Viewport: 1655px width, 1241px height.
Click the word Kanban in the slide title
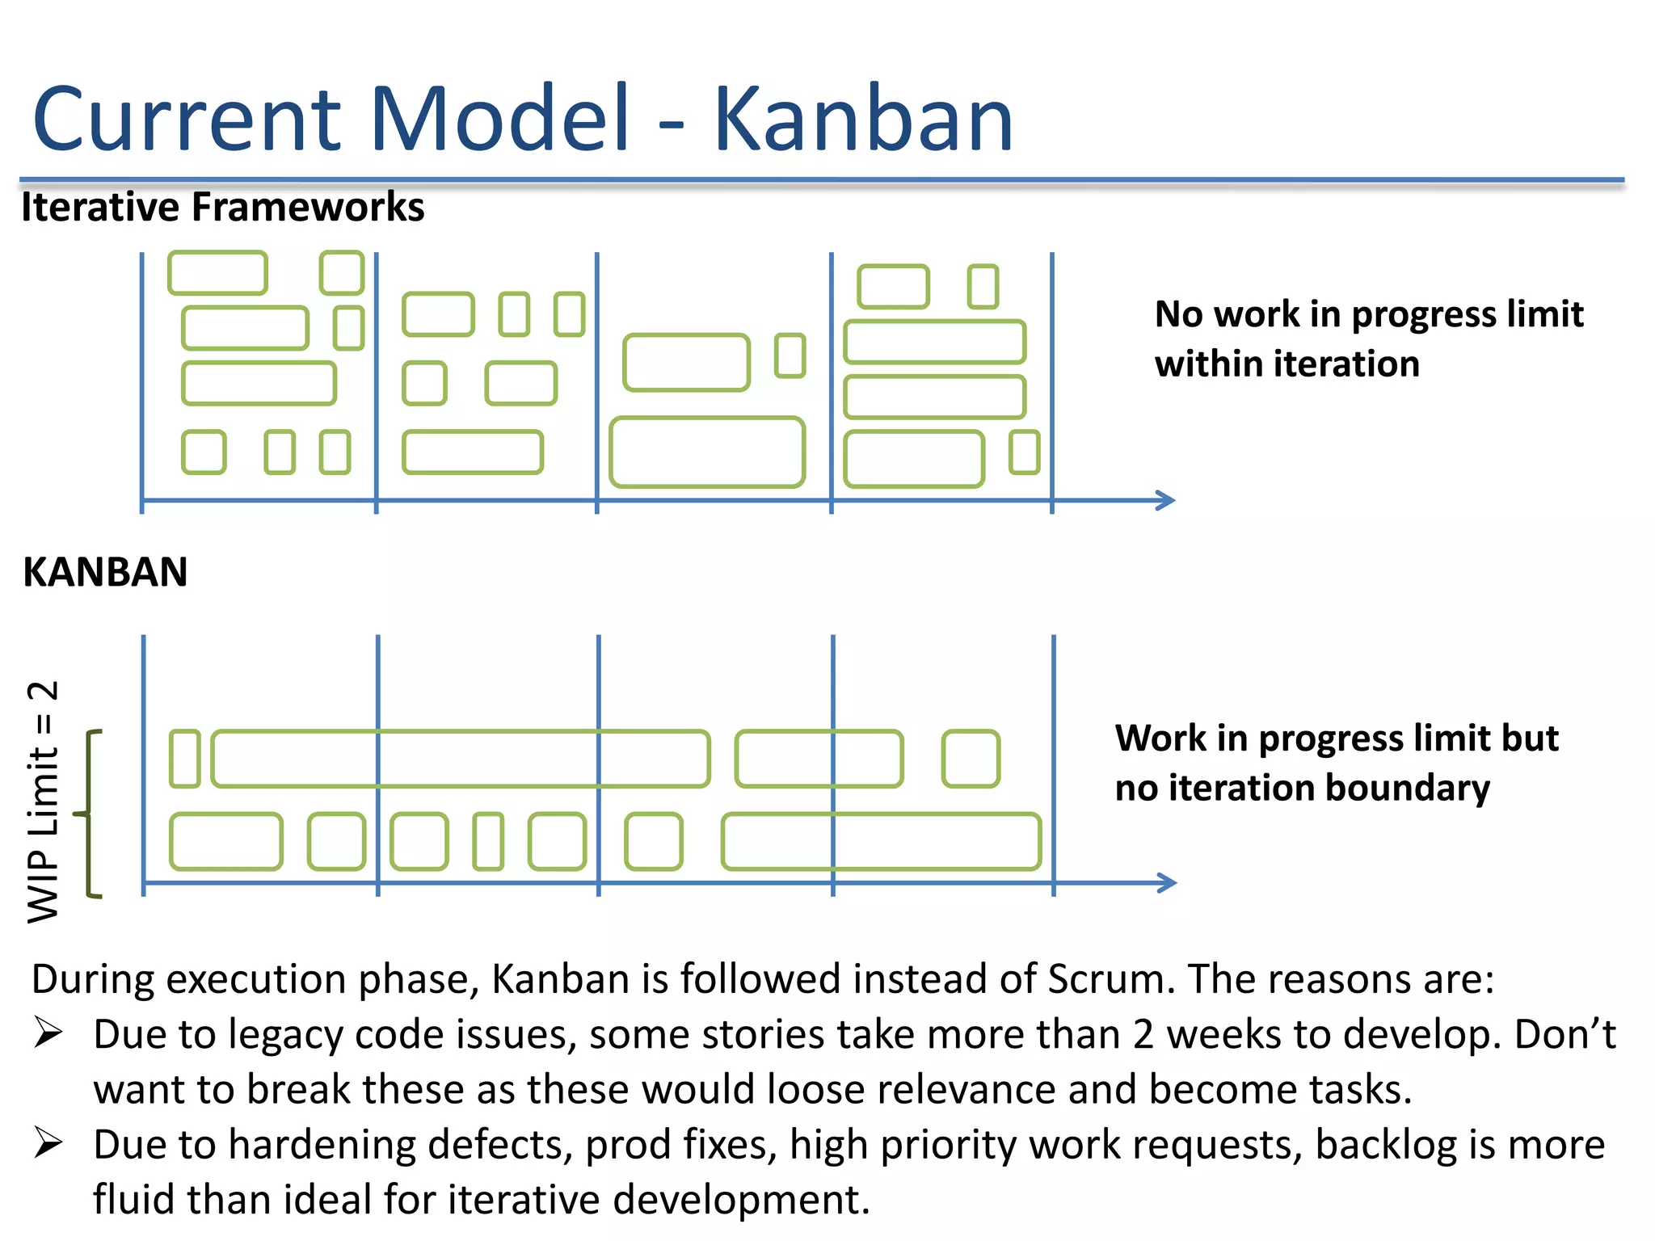click(862, 120)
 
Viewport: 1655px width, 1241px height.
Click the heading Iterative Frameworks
click(222, 207)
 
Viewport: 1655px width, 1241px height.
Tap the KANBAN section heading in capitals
click(105, 572)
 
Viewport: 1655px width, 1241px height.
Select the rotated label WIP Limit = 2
click(43, 801)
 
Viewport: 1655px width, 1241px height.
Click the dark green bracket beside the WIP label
click(90, 813)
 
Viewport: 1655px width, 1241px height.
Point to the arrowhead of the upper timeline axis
click(1166, 500)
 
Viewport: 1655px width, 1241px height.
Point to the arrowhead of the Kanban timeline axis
click(1168, 882)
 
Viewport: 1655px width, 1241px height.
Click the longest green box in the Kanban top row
click(461, 759)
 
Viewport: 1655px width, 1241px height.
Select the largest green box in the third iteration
click(707, 452)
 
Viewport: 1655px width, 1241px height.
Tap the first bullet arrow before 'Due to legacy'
click(48, 1033)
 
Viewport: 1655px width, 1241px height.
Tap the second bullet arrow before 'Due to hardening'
click(48, 1143)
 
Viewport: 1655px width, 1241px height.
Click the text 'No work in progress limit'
click(1368, 313)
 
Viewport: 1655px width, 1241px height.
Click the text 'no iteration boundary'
click(1302, 788)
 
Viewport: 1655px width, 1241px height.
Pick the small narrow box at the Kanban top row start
click(185, 759)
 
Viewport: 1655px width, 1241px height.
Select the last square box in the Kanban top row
click(971, 759)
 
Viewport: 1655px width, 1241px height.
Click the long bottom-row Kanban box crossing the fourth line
click(881, 842)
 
